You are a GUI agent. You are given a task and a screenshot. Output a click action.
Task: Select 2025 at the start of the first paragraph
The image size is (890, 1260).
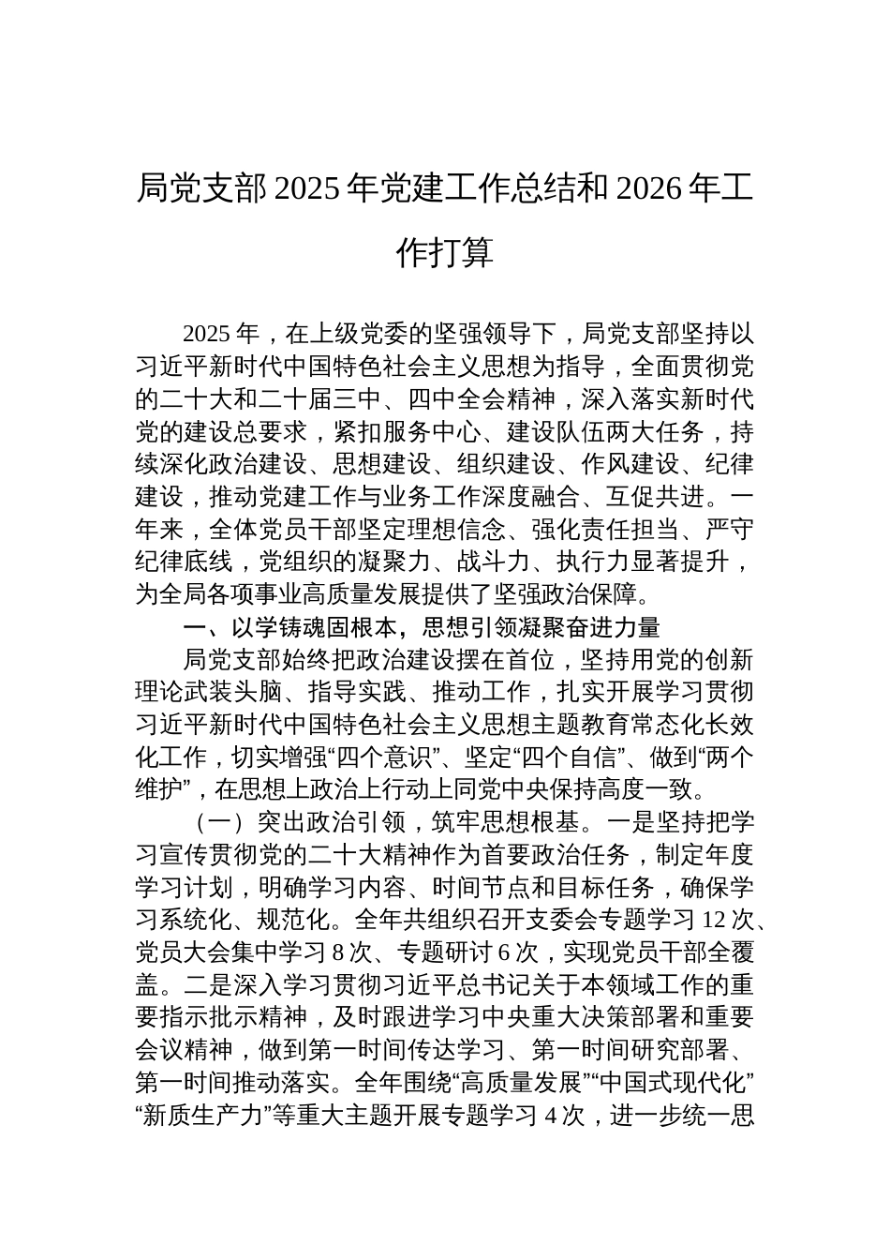[206, 335]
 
